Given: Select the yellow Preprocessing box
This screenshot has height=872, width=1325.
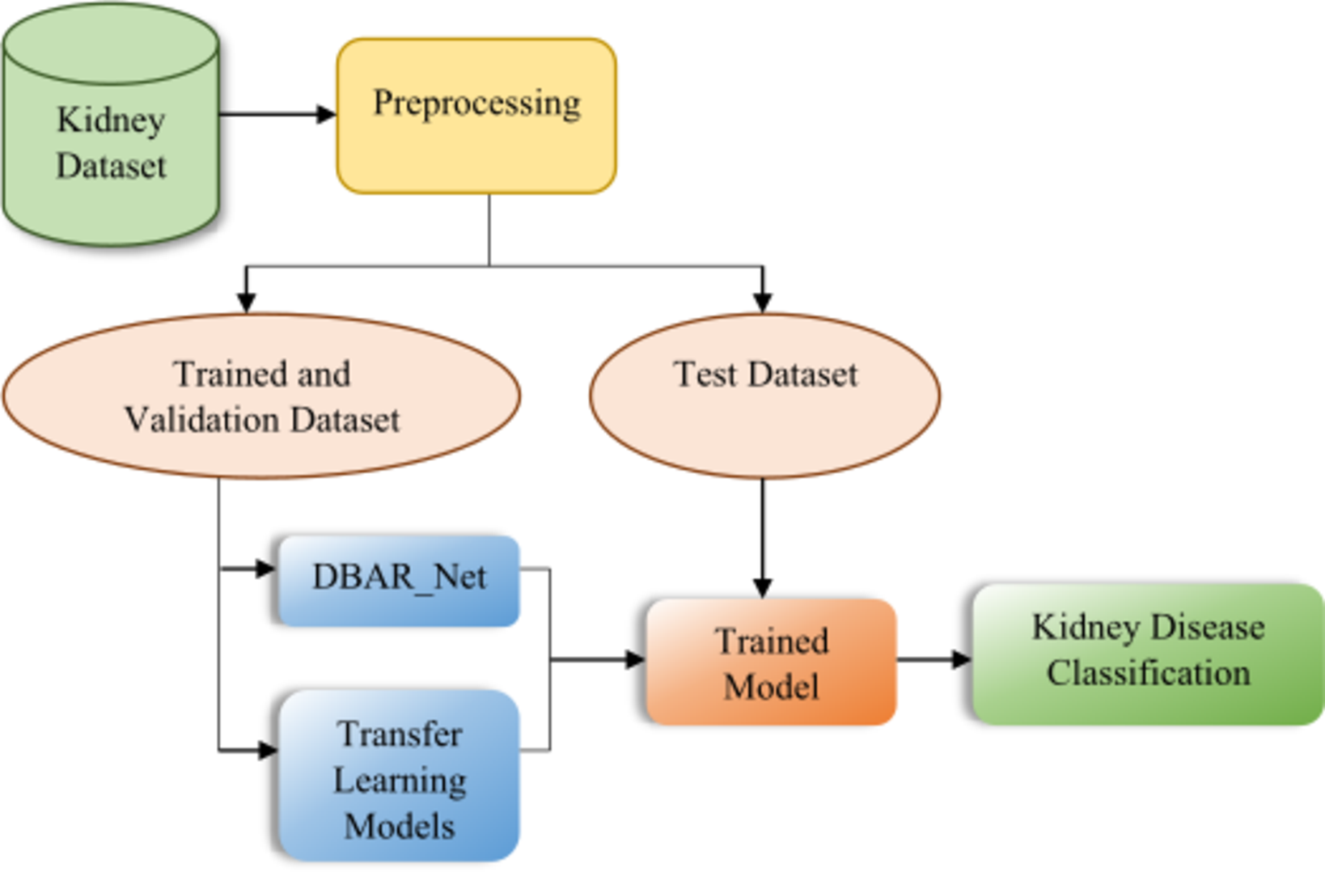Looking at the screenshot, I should coord(476,116).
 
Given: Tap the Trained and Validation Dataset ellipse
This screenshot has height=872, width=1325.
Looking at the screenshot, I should coord(261,396).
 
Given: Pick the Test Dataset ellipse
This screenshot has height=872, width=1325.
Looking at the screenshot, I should coord(764,396).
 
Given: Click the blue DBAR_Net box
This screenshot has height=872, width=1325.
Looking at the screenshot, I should coord(399,579).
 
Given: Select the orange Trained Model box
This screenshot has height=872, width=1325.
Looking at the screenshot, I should coord(771,662).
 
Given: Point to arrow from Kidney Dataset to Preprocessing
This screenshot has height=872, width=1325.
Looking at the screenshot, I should coord(275,114).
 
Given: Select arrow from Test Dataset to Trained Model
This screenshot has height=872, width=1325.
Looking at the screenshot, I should coord(762,534).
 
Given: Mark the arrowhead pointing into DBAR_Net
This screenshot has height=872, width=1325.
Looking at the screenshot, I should coord(266,569).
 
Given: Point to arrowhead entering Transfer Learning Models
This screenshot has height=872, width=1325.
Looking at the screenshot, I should coord(267,751).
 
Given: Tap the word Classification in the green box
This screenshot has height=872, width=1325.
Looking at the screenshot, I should coord(1148,673).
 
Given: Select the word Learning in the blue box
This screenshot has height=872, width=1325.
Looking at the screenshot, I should coord(400,781).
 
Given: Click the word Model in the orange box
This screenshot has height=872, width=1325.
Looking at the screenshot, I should coord(771,687).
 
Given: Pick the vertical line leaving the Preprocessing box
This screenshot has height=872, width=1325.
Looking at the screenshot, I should coord(489,230).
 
